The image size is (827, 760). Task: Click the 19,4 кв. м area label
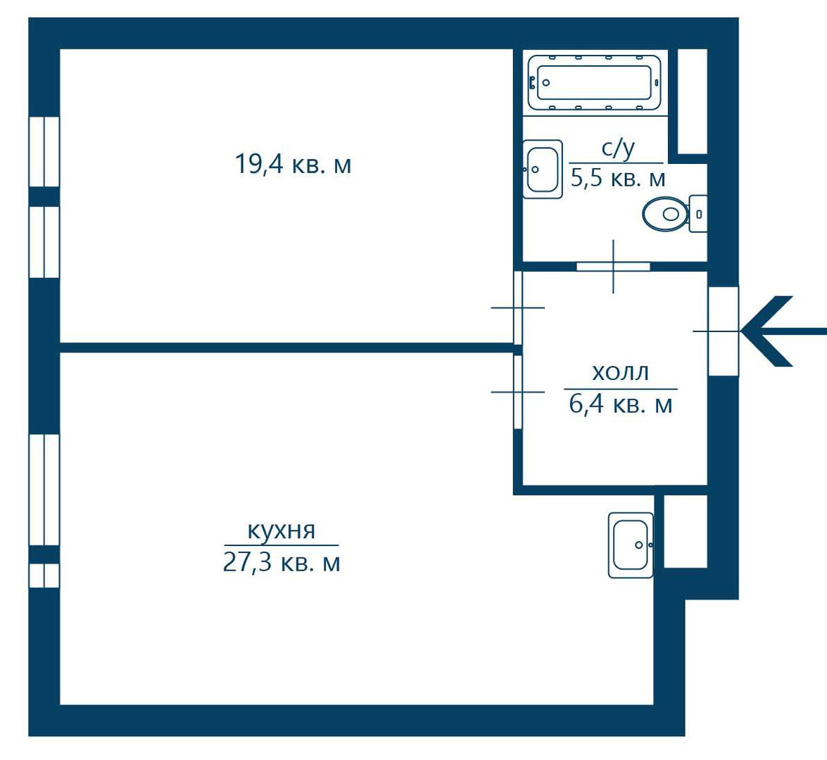coord(293,164)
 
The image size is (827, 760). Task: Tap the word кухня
coord(281,530)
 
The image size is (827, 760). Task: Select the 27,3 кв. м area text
coord(281,563)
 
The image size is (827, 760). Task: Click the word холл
coord(620,372)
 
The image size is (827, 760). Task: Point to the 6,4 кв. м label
coord(621,405)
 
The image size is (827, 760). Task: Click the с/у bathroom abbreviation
coord(618,149)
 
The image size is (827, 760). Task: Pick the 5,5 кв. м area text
coord(618,179)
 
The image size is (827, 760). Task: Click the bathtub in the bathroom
coord(594,83)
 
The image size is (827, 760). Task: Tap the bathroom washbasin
coord(542,170)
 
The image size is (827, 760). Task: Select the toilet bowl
coord(665,214)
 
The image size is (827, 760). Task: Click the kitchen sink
coord(631,545)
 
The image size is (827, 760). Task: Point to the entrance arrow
coord(783,331)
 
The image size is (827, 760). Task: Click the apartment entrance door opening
coord(723,331)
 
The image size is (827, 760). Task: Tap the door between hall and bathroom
coord(613,266)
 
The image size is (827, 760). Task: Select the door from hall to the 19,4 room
coord(518,308)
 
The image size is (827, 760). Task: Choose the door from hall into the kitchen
coord(518,392)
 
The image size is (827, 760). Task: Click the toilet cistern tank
coord(698,214)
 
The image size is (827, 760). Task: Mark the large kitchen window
coord(44,490)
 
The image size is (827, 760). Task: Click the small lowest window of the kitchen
coord(44,576)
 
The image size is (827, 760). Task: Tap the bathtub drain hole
coord(546,83)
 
